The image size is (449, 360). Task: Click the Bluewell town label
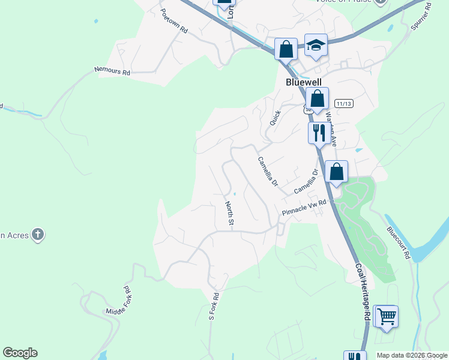[x=303, y=82]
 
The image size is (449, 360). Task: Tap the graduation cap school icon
[x=316, y=45]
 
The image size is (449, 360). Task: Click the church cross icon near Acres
[x=38, y=234]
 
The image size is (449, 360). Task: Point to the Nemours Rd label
[x=112, y=71]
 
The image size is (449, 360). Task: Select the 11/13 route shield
[x=344, y=104]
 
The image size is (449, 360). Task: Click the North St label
[x=230, y=214]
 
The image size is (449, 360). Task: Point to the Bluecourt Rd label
[x=398, y=242]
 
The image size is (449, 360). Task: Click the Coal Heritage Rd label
[x=363, y=292]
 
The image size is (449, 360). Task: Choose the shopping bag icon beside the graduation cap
[x=286, y=48]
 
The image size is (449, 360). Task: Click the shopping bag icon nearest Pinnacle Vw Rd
[x=337, y=172]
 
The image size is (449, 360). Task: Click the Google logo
[x=20, y=353]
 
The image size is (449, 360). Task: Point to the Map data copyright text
[x=412, y=355]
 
